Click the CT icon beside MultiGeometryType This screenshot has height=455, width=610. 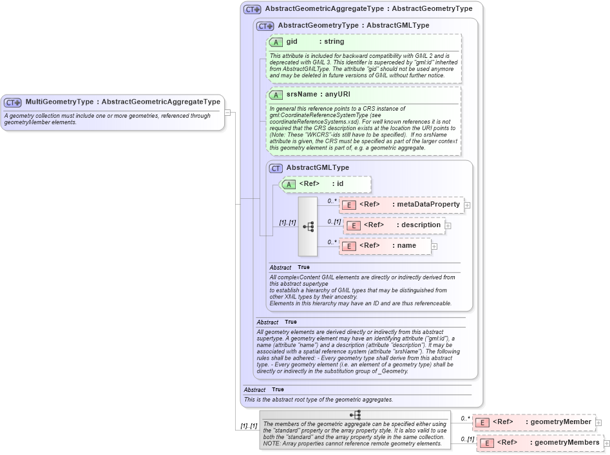click(x=12, y=102)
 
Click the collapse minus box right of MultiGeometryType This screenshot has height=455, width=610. click(x=227, y=112)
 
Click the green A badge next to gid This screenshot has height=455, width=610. click(x=276, y=42)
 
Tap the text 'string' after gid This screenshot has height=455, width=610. click(x=334, y=42)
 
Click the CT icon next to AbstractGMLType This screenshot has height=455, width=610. click(x=276, y=168)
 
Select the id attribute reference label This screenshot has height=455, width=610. click(x=340, y=184)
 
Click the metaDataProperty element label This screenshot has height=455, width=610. click(x=428, y=205)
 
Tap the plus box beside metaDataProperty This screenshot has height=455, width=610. click(x=467, y=205)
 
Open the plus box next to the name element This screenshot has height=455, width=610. click(x=434, y=246)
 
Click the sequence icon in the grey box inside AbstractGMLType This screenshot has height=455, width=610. click(x=308, y=227)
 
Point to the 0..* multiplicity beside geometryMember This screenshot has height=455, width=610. click(x=465, y=418)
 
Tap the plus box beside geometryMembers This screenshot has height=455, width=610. click(x=606, y=443)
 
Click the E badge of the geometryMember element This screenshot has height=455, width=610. click(x=482, y=422)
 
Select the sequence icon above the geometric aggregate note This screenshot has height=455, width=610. click(x=354, y=415)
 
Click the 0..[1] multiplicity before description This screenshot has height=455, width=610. click(x=334, y=222)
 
